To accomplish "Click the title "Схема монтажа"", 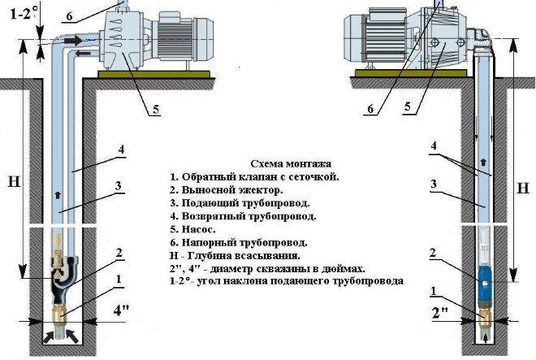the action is tap(291, 163).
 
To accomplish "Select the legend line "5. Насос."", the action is tap(192, 229).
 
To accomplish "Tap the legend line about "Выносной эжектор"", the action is tap(227, 190).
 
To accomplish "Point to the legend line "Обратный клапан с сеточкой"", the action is tap(254, 177).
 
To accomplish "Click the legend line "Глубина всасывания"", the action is tap(235, 256).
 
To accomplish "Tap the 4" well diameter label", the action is tap(121, 310).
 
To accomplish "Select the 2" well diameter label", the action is tap(440, 313).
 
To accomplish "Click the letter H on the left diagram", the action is tap(14, 182).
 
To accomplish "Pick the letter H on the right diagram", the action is tap(523, 189).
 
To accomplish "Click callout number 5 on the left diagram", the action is tap(156, 110).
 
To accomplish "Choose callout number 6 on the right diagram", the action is tap(370, 109).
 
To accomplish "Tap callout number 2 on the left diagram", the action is tap(119, 253).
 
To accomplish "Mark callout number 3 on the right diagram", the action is tap(434, 184).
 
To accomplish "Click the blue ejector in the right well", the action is tap(484, 282).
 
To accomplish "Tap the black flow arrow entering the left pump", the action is tap(73, 41).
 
